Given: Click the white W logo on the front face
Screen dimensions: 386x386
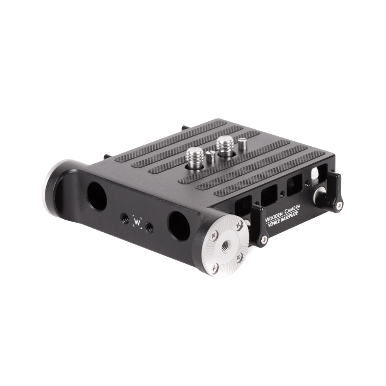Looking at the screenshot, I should click(137, 222).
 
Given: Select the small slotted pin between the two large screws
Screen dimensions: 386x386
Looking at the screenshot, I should click(210, 157).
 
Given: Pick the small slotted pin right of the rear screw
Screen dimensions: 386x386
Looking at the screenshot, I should click(242, 144).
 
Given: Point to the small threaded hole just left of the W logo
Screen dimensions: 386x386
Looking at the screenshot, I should click(125, 218).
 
